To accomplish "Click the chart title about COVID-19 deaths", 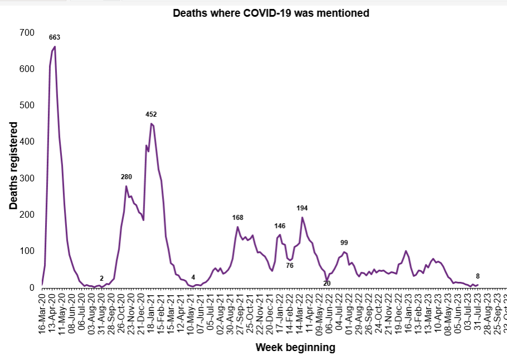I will click(271, 13).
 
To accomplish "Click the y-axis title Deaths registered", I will click(13, 166).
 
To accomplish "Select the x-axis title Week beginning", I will click(295, 348).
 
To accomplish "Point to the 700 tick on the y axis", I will click(26, 33).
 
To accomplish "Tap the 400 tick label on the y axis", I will click(26, 142).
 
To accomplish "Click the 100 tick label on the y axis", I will click(26, 251).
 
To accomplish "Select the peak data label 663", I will click(54, 37).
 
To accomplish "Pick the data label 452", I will click(151, 114).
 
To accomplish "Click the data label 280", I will click(127, 177).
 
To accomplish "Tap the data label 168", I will click(238, 217).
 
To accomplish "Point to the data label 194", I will click(302, 208).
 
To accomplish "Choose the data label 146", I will click(279, 226).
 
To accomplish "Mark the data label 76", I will click(289, 266).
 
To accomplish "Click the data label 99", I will click(344, 243).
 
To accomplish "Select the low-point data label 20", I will click(327, 284).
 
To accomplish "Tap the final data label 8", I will click(477, 276).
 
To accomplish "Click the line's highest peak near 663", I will click(54, 47).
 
